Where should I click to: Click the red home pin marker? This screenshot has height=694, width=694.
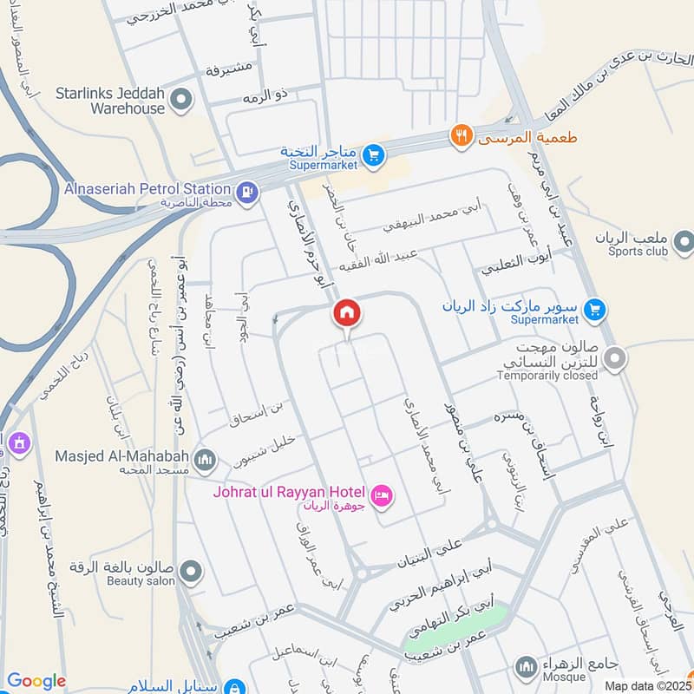(346, 312)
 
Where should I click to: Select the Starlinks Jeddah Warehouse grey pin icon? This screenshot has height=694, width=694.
(181, 101)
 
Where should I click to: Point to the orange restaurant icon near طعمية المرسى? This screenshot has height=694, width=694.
(461, 136)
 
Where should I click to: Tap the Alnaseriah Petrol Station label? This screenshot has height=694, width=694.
(147, 188)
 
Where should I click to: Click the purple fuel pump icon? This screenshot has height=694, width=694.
(247, 192)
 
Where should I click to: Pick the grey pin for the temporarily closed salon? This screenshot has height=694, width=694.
(615, 357)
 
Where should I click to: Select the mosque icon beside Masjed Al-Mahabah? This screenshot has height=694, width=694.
(205, 459)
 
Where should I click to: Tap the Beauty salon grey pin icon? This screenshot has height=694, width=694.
(190, 572)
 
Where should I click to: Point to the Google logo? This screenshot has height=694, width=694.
(36, 681)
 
